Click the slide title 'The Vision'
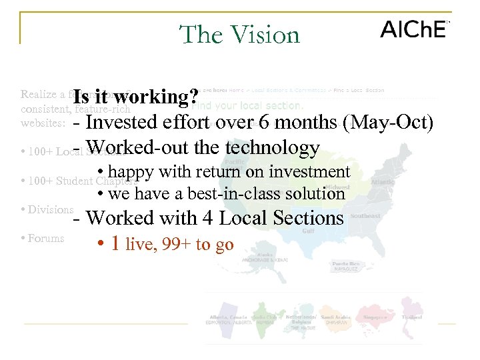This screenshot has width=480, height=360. click(x=240, y=34)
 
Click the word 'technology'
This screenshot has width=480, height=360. click(x=273, y=147)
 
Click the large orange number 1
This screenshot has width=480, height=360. click(x=115, y=244)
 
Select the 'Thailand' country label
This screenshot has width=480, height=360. click(x=412, y=317)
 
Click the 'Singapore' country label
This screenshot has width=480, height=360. click(x=375, y=317)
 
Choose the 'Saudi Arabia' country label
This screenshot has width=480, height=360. click(x=336, y=318)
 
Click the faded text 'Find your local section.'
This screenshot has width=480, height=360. click(x=247, y=105)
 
